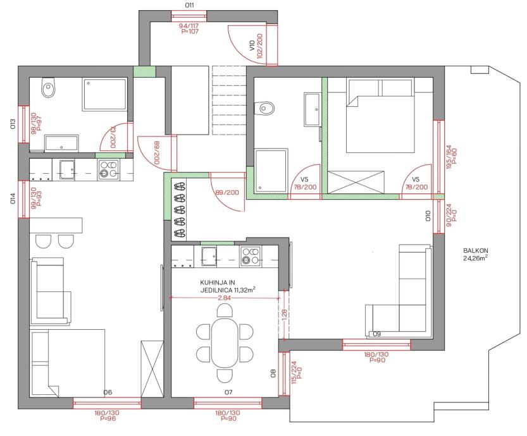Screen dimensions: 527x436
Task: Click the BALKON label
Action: pyautogui.click(x=475, y=250)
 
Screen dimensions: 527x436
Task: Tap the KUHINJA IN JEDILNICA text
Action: pyautogui.click(x=228, y=286)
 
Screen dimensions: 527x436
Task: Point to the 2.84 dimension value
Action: pyautogui.click(x=224, y=298)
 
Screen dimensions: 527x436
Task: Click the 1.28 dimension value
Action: pyautogui.click(x=284, y=315)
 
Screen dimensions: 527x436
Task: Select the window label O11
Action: pyautogui.click(x=190, y=5)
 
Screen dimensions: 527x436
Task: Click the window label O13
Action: pyautogui.click(x=13, y=124)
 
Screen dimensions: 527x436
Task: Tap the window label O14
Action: pyautogui.click(x=13, y=198)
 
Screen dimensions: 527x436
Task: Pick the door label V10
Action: pyautogui.click(x=252, y=45)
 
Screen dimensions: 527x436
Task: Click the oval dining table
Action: pyautogui.click(x=225, y=342)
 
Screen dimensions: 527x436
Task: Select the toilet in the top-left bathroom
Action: pyautogui.click(x=48, y=87)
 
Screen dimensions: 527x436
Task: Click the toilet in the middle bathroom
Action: pyautogui.click(x=264, y=108)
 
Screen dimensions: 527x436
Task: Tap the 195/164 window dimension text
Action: pyautogui.click(x=449, y=157)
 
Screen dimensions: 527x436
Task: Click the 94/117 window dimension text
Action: pyautogui.click(x=189, y=26)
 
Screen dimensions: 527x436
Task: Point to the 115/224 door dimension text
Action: pyautogui.click(x=294, y=373)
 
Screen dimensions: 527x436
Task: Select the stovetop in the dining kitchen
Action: pyautogui.click(x=251, y=257)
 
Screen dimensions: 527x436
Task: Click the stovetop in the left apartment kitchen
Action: pyautogui.click(x=108, y=170)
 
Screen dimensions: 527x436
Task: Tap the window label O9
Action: pyautogui.click(x=377, y=334)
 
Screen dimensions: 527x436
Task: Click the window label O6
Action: pyautogui.click(x=108, y=392)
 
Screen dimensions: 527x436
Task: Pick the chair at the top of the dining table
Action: pyautogui.click(x=225, y=310)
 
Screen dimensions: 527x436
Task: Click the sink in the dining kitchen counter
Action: pyautogui.click(x=209, y=256)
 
